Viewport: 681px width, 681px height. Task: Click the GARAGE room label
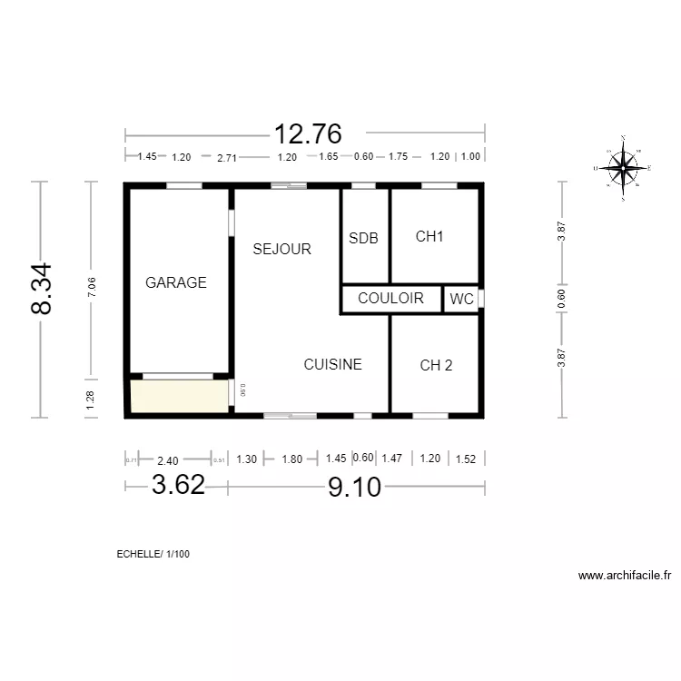point(176,282)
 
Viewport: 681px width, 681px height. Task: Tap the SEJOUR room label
point(281,249)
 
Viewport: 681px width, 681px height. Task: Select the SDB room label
point(363,238)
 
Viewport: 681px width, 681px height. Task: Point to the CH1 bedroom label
point(429,237)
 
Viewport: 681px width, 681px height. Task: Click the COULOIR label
point(390,298)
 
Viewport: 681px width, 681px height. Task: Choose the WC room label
point(462,299)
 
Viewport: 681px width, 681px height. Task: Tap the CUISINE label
point(332,364)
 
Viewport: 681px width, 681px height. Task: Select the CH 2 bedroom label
point(436,365)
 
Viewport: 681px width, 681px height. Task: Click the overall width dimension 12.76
point(309,134)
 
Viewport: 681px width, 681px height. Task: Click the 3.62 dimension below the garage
point(178,485)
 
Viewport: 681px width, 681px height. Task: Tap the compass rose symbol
point(623,167)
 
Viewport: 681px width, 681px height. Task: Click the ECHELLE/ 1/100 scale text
point(153,554)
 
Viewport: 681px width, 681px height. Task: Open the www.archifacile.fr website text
point(624,575)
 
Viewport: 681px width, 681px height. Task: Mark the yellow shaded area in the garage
point(179,397)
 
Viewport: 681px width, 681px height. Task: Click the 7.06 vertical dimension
point(90,288)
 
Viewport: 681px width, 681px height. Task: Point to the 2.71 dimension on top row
point(227,157)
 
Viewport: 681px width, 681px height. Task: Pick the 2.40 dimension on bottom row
point(167,459)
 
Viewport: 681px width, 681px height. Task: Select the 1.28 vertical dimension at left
point(90,400)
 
